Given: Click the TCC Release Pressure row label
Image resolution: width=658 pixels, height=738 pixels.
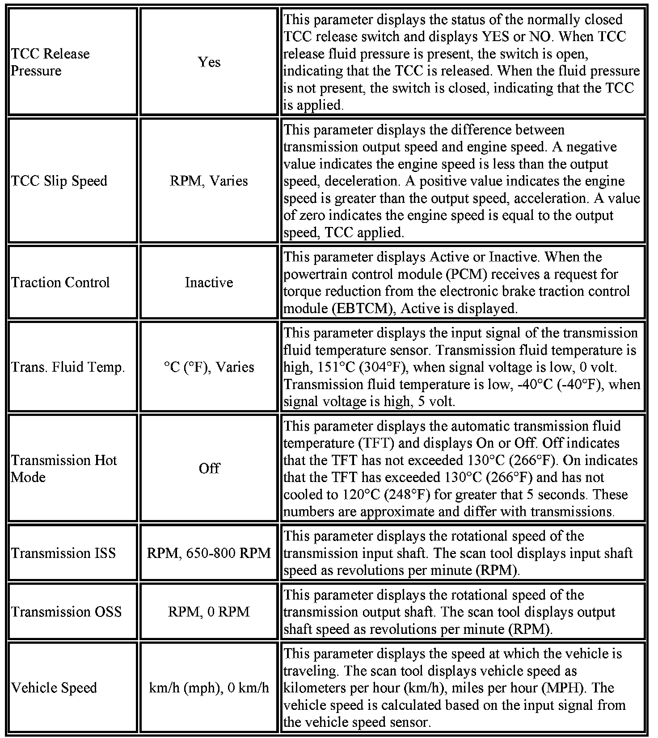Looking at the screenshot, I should coord(50,62).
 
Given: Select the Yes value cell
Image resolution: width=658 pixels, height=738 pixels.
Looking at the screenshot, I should coord(209,62).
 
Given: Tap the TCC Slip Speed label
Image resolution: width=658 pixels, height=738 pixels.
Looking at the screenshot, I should coord(59,181).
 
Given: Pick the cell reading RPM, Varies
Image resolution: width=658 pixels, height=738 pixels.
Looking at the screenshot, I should coord(209,181).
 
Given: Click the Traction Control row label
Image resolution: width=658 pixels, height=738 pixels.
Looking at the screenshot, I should coord(60,282).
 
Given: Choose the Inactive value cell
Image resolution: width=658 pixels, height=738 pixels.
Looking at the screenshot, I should coord(209,282).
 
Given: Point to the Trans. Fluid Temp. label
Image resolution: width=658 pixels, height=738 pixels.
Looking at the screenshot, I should coord(68,367).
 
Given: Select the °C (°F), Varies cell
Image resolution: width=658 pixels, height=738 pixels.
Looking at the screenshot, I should coord(209,367).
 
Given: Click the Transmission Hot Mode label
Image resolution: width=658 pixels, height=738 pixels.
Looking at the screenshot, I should coord(64,469).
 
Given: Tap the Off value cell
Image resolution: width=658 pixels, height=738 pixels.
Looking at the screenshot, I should coord(209,469).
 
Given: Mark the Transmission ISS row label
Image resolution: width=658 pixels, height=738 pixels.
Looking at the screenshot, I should coord(63,553).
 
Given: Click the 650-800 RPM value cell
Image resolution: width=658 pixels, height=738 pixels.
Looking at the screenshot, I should coord(209,553).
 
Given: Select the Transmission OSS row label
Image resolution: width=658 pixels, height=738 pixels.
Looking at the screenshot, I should coord(66,612).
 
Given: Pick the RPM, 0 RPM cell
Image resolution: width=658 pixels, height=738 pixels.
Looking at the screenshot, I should coord(209,612).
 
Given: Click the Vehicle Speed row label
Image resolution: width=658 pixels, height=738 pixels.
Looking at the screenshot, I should coord(54,688).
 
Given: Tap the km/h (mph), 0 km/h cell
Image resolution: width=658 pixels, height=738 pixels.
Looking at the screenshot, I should coord(209,688).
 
